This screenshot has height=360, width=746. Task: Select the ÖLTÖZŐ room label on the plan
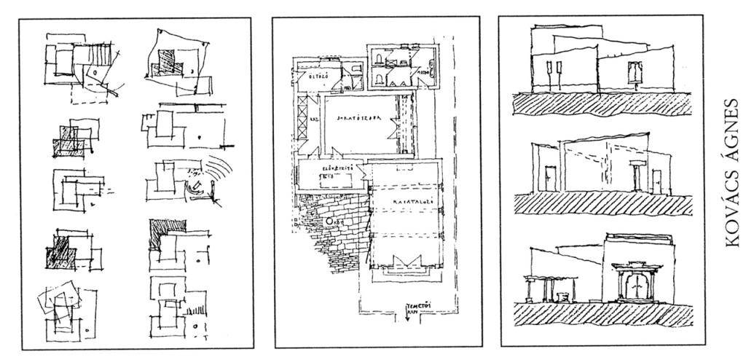coord(313,74)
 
